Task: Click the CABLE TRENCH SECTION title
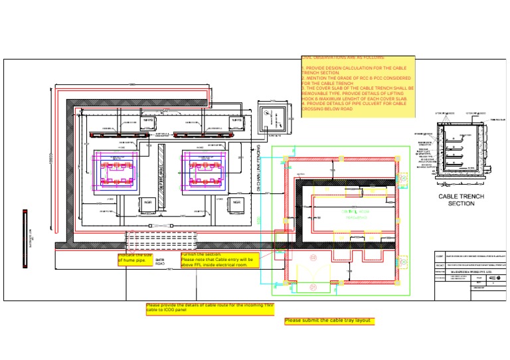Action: [461, 200]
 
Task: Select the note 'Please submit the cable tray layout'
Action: [329, 321]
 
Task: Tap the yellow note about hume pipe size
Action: [138, 258]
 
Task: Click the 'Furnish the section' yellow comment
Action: [217, 259]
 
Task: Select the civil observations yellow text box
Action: [358, 87]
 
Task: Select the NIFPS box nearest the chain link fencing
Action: [236, 120]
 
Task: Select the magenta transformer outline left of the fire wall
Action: [116, 173]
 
